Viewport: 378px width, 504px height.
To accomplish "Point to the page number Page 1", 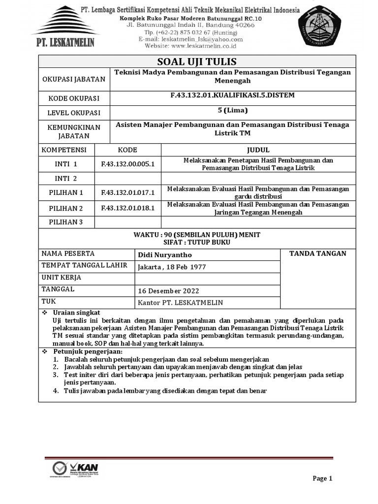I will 323,478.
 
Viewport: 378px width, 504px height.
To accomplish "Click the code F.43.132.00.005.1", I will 128,164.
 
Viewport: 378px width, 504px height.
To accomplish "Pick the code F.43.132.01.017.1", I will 128,192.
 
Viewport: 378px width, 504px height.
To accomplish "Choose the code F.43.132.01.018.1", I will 128,208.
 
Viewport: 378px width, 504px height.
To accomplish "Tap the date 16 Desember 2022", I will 169,290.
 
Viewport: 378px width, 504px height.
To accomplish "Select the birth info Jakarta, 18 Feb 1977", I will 172,267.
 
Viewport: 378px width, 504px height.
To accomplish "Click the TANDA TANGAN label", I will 317,253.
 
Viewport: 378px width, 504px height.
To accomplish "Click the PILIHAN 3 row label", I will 66,222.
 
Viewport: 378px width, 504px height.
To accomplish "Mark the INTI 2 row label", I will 66,178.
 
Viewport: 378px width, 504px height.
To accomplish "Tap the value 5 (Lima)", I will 233,110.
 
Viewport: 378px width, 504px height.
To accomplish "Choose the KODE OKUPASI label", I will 73,98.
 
